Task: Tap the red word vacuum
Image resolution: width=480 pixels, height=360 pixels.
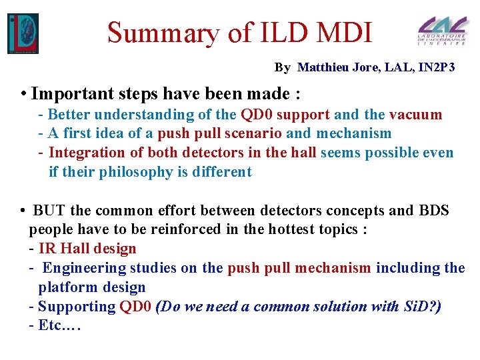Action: pyautogui.click(x=415, y=114)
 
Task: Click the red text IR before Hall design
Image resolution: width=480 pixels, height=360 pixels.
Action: pyautogui.click(x=47, y=249)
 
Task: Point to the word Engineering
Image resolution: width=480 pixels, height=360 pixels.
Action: pyautogui.click(x=85, y=268)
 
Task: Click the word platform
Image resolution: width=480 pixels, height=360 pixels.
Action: pyautogui.click(x=67, y=287)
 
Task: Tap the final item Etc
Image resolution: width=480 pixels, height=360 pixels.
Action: pyautogui.click(x=59, y=326)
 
